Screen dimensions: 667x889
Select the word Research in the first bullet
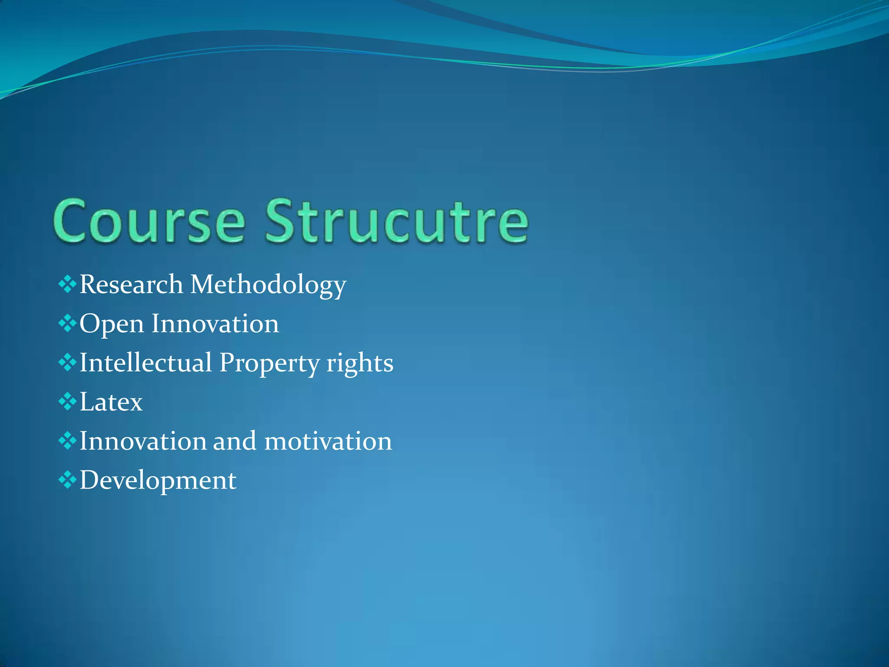coord(131,284)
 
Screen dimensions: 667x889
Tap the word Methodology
coord(268,285)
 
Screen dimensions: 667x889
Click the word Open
coord(112,324)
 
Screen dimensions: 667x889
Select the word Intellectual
coord(145,363)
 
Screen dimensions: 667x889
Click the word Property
coord(269,363)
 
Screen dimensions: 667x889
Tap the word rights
coord(359,363)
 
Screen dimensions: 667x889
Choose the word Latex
coord(111,402)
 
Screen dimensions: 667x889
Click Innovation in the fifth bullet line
coord(143,441)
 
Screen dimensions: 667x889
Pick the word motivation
coord(328,441)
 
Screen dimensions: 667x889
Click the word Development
coord(158,480)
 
